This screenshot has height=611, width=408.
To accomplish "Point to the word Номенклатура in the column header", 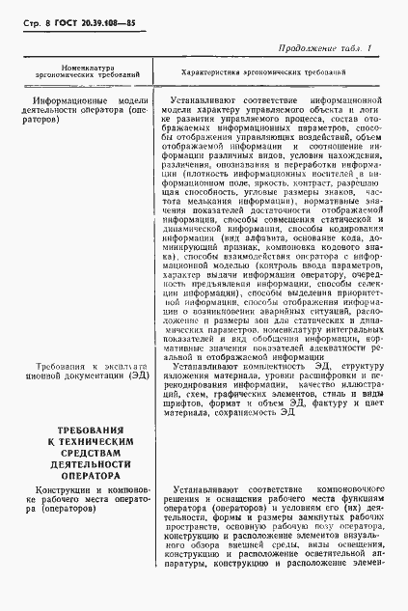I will (x=88, y=69).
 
